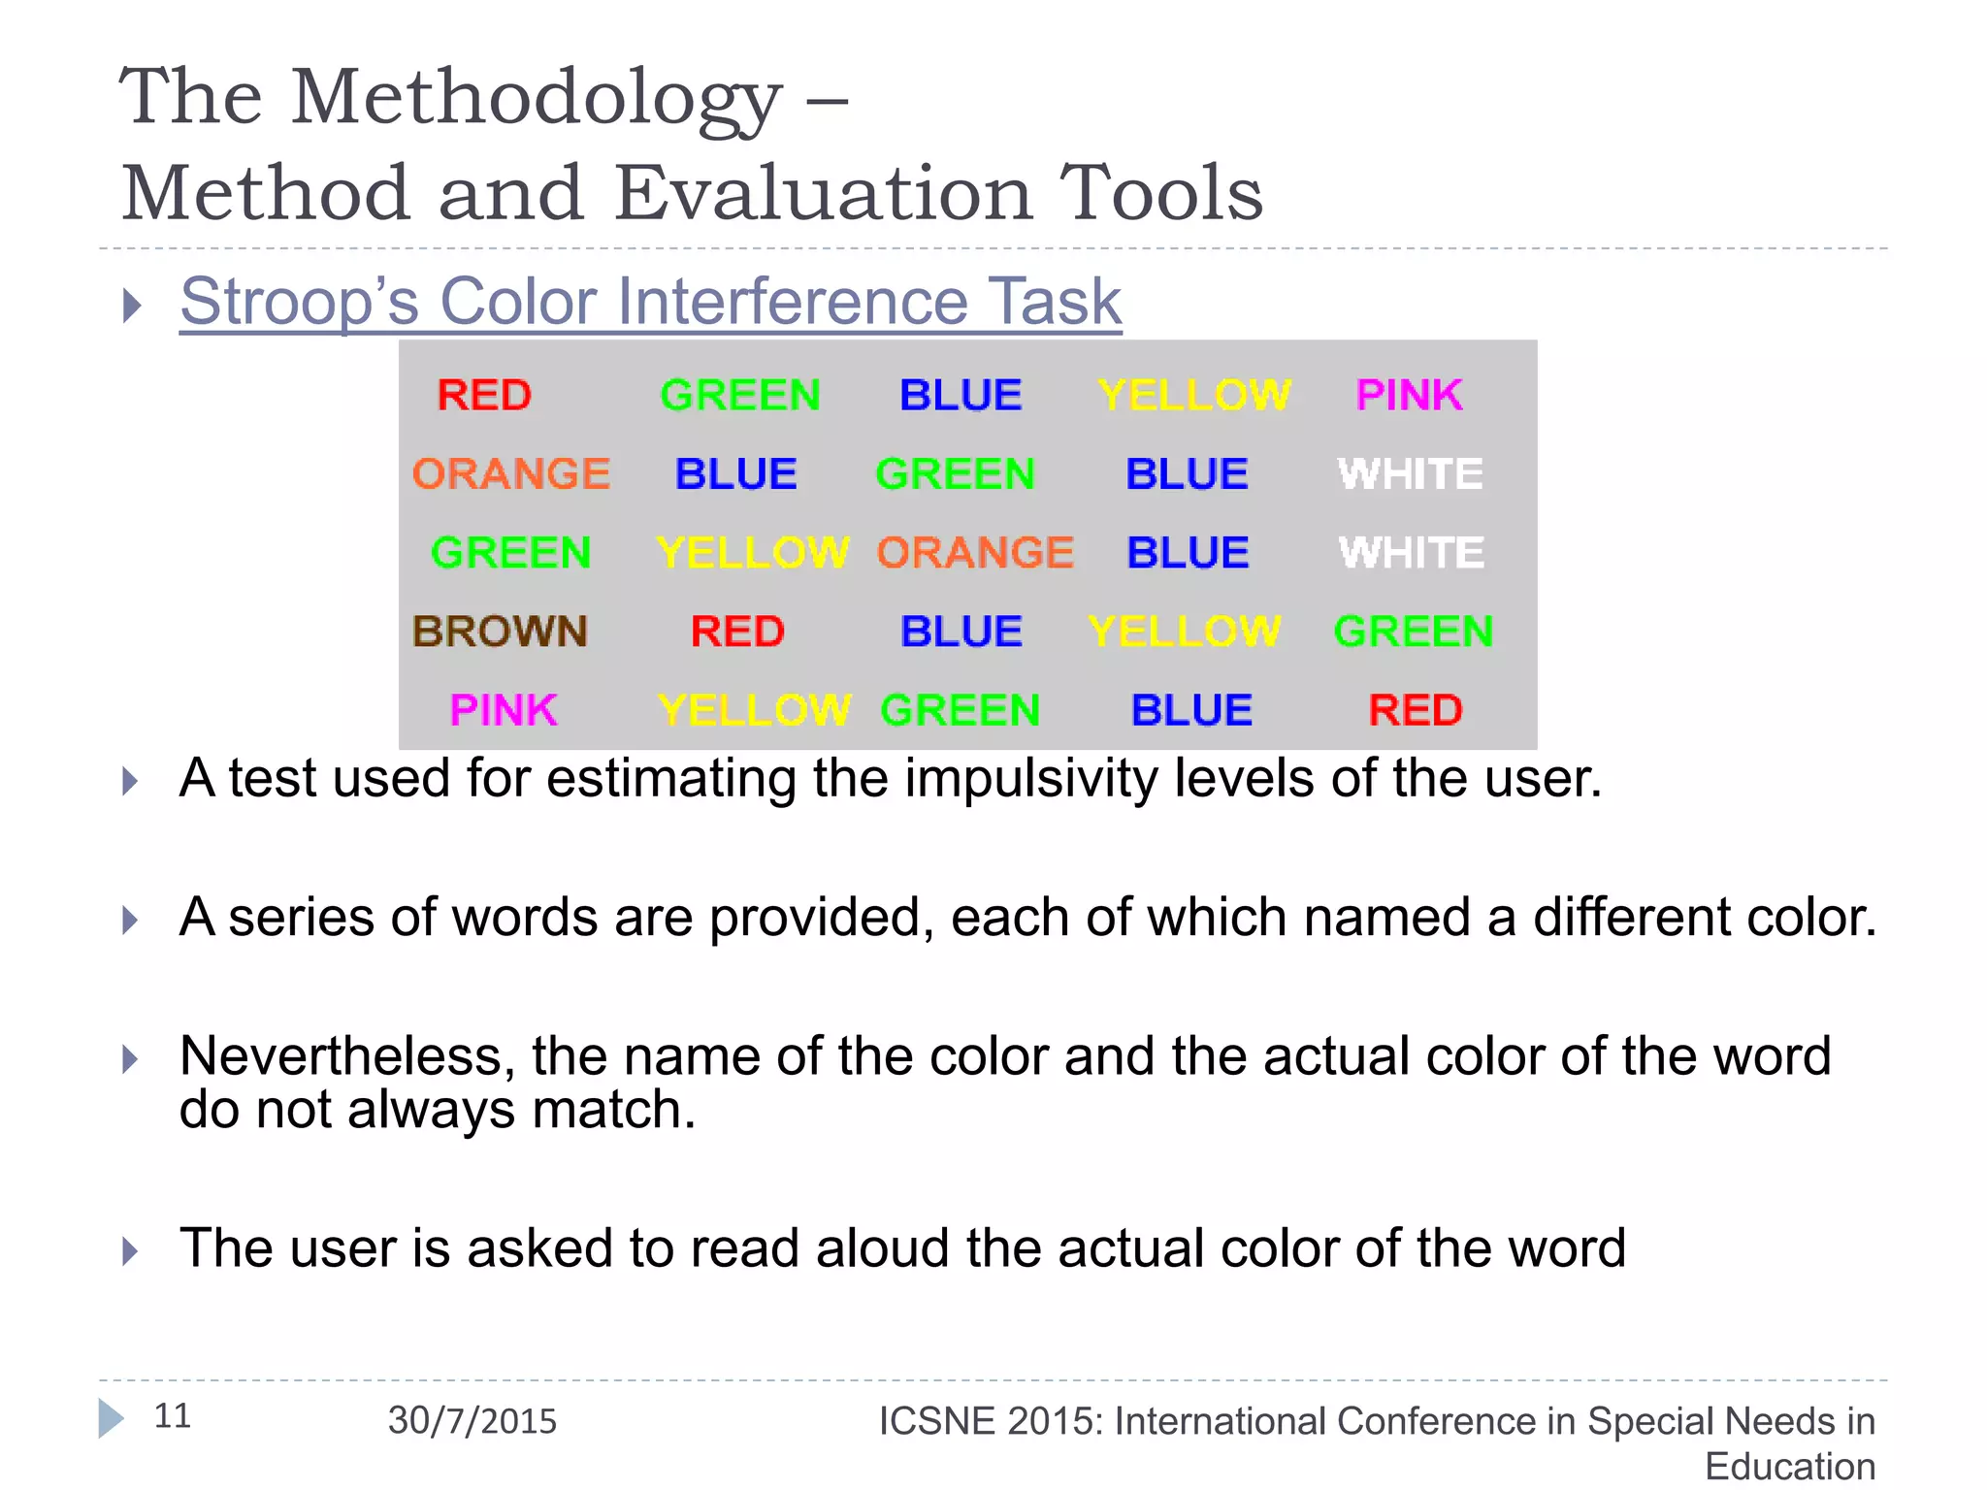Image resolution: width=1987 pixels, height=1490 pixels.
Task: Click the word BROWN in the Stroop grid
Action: pos(500,632)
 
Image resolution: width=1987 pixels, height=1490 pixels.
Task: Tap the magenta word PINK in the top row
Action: pos(1409,395)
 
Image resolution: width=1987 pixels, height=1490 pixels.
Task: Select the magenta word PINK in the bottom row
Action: pos(504,710)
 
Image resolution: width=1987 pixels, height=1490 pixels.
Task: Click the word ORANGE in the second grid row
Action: pos(511,474)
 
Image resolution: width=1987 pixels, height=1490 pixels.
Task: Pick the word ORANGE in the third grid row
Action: pos(975,553)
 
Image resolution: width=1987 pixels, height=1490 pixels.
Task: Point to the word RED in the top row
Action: pos(484,395)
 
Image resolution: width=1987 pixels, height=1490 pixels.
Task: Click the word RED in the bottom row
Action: pos(1416,710)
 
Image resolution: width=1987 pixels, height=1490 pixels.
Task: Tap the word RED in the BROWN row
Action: pos(737,632)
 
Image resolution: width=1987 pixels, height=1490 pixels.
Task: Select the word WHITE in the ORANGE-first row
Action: pos(1411,474)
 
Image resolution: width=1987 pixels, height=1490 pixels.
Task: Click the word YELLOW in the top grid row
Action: pos(1194,395)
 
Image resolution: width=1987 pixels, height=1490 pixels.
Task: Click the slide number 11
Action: pos(173,1416)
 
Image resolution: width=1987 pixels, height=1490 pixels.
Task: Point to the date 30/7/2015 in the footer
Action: pos(472,1421)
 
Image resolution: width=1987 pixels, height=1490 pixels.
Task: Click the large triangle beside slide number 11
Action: pos(111,1418)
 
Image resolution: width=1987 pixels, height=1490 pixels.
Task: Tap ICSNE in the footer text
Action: pos(936,1421)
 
